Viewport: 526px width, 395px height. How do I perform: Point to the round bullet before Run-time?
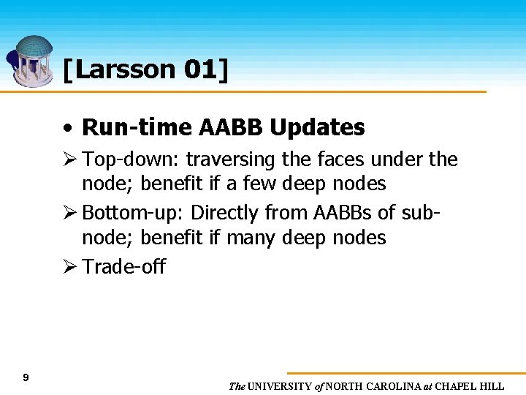[67, 128]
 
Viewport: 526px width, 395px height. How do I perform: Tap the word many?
[248, 238]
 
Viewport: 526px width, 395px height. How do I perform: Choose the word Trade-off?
[123, 266]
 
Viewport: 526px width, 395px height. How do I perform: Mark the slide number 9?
[26, 377]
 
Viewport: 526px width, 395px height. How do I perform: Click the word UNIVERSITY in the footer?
[280, 386]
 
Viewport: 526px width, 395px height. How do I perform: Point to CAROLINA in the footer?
[394, 386]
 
